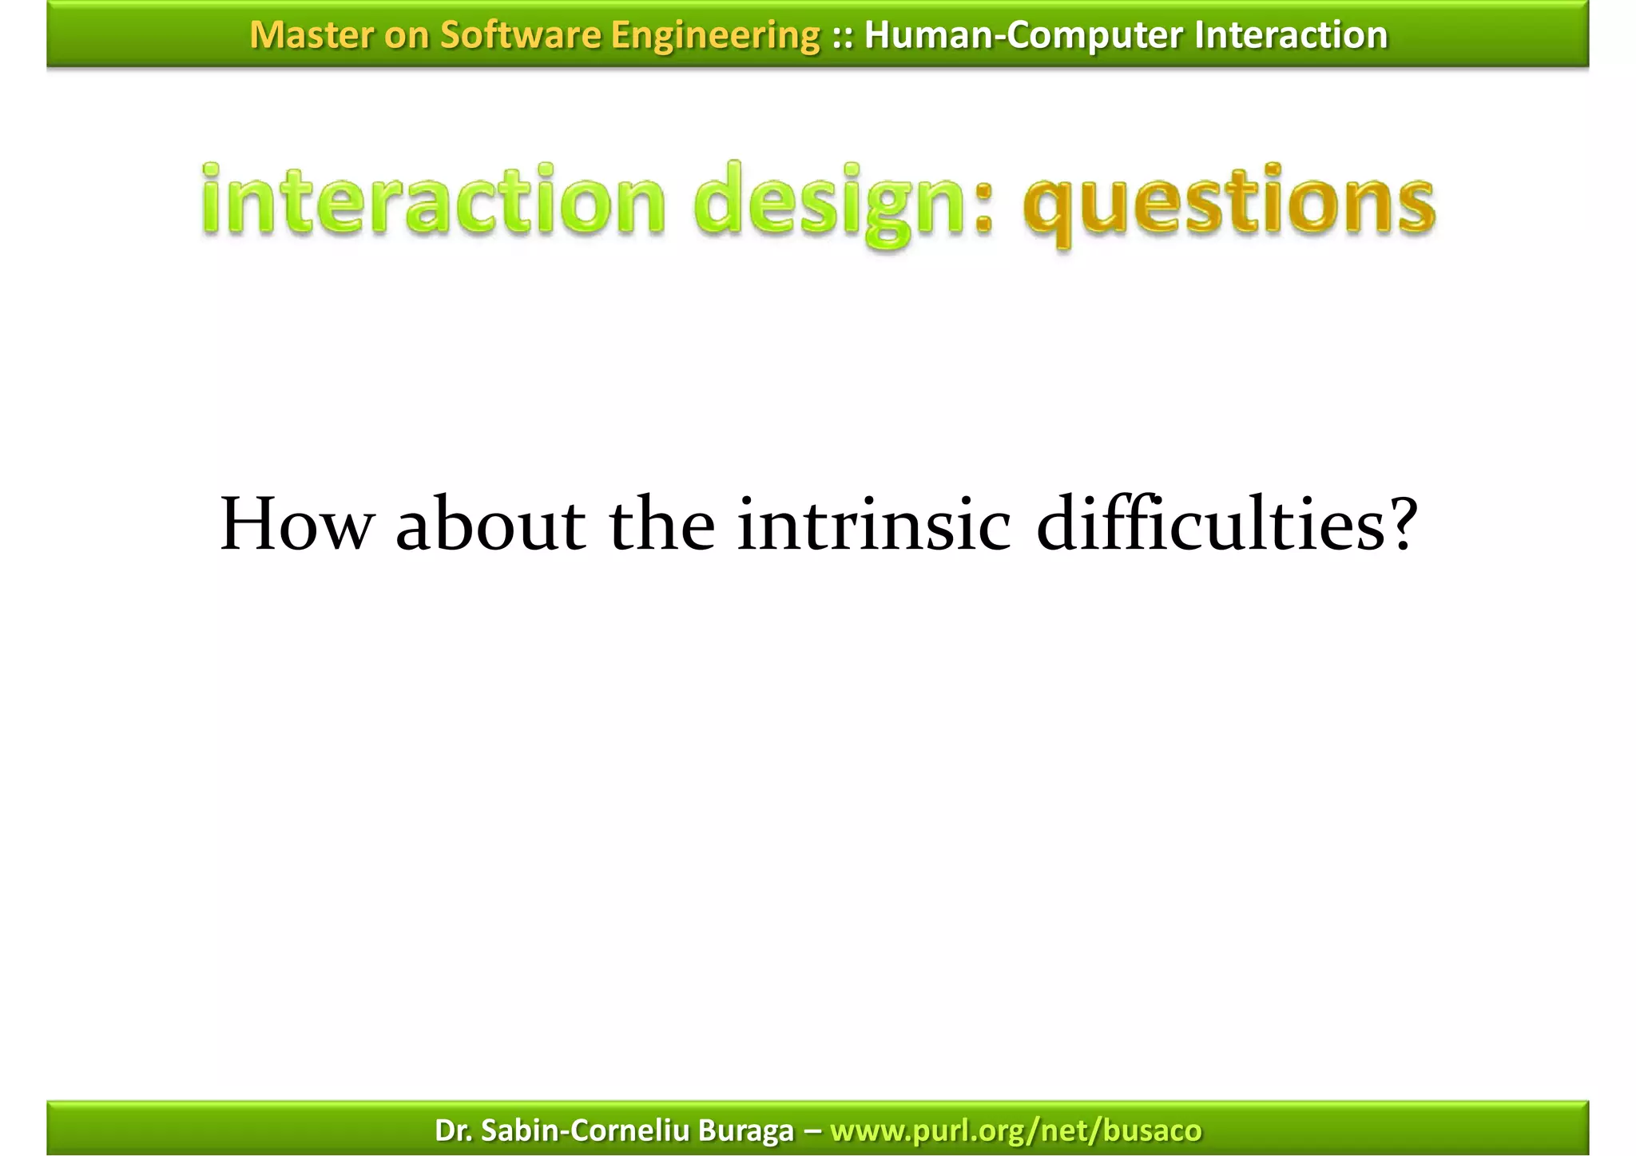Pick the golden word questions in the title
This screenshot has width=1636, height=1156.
pos(1229,203)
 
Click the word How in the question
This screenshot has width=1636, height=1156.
pos(296,525)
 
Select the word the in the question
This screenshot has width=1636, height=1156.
pos(661,525)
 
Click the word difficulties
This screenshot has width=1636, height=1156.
pos(1205,525)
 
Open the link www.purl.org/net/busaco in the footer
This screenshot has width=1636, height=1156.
pos(1015,1130)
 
